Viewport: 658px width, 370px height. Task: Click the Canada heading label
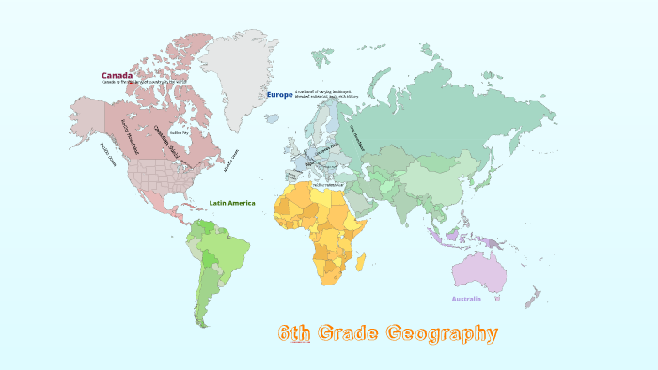coord(117,75)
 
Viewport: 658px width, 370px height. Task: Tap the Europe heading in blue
coord(279,95)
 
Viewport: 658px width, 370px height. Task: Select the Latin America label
coord(231,203)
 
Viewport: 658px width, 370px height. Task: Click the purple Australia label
coord(466,299)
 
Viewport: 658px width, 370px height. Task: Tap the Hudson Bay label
coord(180,132)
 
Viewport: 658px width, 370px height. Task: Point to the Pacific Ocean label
coord(107,154)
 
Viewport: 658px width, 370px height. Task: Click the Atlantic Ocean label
coord(231,161)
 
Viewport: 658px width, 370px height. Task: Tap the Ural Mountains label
coord(357,138)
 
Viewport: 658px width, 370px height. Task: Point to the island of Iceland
coord(272,119)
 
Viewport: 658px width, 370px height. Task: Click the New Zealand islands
coord(532,299)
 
